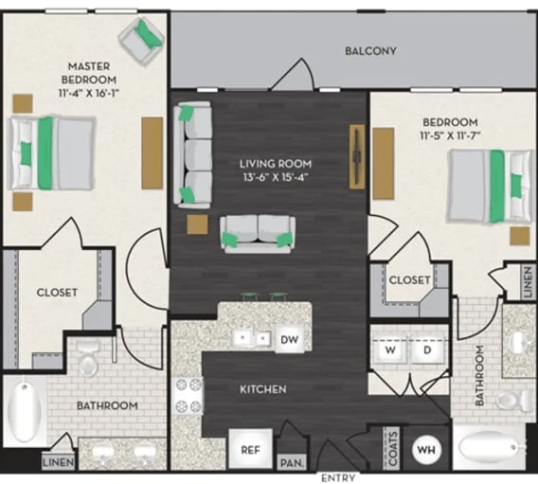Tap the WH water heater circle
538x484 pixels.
coord(428,449)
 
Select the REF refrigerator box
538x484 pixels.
coord(249,450)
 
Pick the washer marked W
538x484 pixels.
coord(389,350)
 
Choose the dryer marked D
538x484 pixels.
coord(426,350)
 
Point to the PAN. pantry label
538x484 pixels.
coord(289,463)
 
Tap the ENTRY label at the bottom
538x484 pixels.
coord(338,478)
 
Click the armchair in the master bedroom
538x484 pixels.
coord(143,41)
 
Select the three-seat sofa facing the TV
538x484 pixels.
coord(195,153)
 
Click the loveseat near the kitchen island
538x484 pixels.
coord(258,234)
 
